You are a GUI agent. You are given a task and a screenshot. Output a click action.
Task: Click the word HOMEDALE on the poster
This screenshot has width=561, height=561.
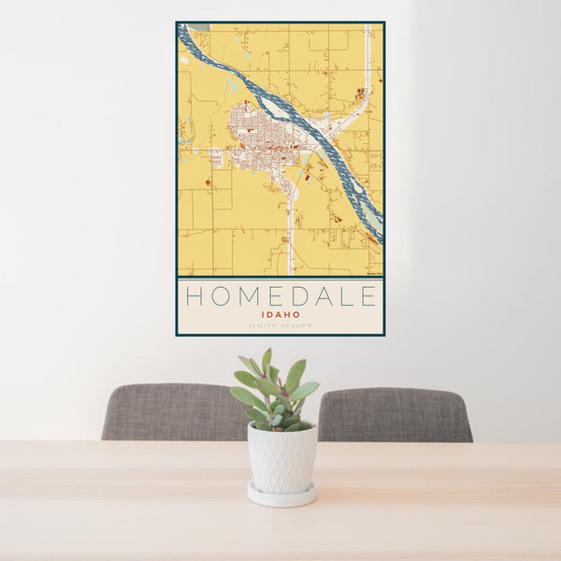click(x=280, y=296)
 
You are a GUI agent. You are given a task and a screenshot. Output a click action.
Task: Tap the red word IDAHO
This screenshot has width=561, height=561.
click(x=280, y=315)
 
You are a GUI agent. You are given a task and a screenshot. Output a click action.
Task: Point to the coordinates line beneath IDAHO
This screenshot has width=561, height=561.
click(x=280, y=325)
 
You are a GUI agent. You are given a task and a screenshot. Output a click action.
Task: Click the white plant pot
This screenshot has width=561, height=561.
click(x=281, y=458)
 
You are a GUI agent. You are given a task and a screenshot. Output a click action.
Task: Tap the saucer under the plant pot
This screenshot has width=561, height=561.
click(x=281, y=495)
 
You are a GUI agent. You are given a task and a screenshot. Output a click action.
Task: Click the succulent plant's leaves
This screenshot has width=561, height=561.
click(x=276, y=393)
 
